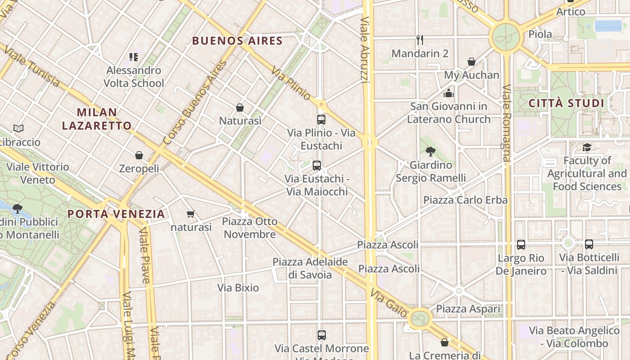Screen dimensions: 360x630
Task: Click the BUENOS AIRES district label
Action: [x=237, y=41]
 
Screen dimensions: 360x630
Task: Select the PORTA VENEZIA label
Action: [x=116, y=214]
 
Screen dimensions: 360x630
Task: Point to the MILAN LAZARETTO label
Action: [x=97, y=119]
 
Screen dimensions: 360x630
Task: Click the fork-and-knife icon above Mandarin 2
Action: [x=420, y=40]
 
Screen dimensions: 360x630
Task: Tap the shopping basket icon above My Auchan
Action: [x=472, y=62]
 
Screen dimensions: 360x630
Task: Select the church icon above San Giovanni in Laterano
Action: [x=449, y=93]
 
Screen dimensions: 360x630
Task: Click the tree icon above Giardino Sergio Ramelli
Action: [x=431, y=152]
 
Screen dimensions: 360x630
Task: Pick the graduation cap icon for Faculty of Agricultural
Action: [x=587, y=147]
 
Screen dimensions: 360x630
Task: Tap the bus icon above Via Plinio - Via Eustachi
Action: [x=321, y=120]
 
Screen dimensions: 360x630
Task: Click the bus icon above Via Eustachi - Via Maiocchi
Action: [x=317, y=166]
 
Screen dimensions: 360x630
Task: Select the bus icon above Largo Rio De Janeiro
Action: [x=521, y=245]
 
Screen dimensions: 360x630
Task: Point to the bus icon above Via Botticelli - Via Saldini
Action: [x=589, y=244]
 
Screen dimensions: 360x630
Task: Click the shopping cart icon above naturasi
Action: [x=191, y=214]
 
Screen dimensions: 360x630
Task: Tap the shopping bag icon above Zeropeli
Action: [x=139, y=155]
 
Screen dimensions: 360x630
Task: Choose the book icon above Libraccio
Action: [x=18, y=129]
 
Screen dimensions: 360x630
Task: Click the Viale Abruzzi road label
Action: [x=365, y=49]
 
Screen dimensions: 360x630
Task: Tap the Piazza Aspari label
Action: [x=468, y=309]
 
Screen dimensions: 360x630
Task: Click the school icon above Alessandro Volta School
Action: [x=134, y=57]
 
